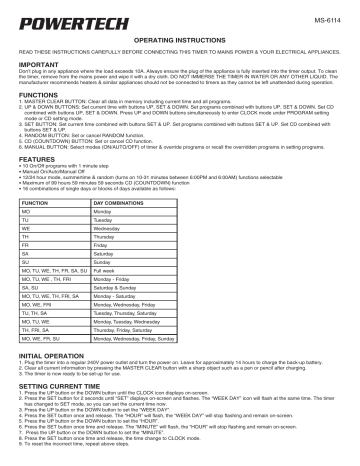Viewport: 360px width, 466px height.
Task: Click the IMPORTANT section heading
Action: pyautogui.click(x=39, y=61)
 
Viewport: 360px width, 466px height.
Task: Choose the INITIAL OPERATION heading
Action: pyautogui.click(x=57, y=384)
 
